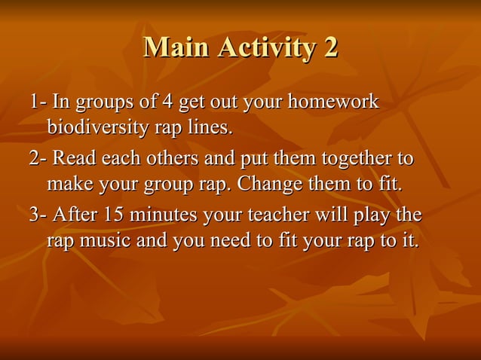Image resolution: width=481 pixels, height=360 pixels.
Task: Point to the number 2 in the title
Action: (330, 47)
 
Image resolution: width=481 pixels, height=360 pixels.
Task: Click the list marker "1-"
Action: (38, 102)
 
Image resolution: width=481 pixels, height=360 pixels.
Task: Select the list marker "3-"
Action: (38, 215)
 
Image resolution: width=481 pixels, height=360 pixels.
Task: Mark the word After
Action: (75, 215)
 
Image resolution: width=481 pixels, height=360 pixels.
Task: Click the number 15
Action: (115, 215)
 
